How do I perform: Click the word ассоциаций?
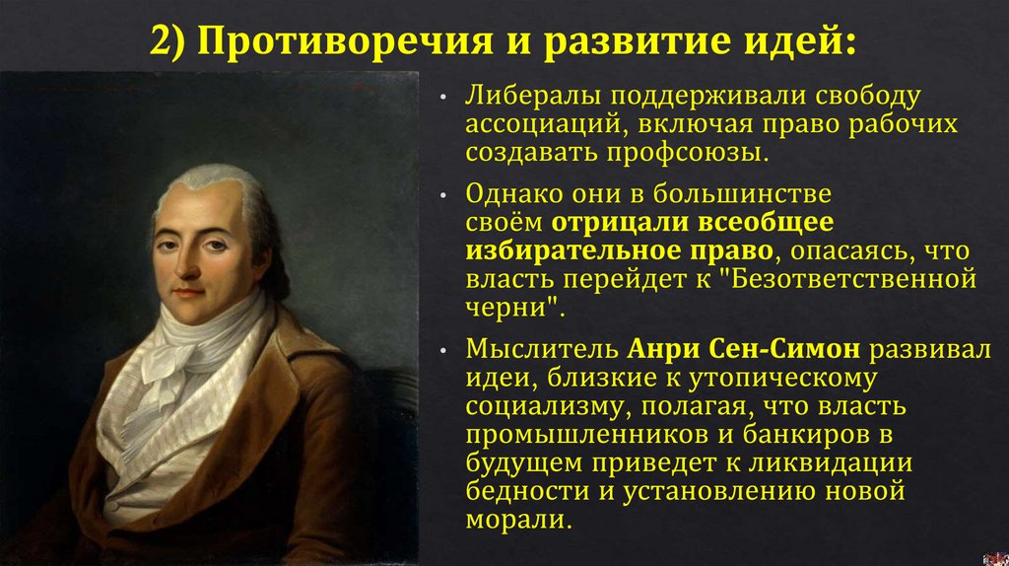537,126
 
